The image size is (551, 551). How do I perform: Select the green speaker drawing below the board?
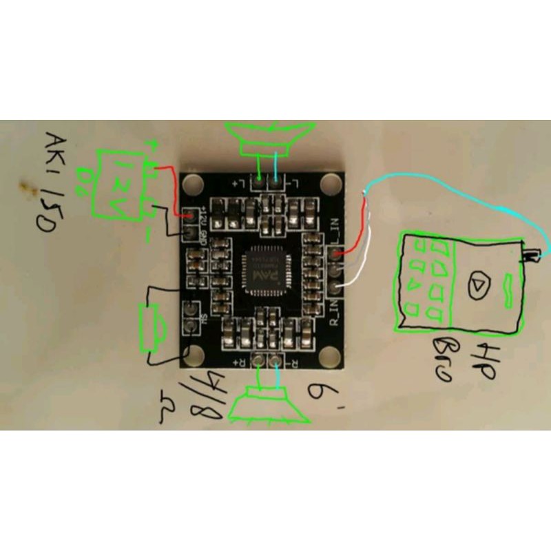coord(269,404)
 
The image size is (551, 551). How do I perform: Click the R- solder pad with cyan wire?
coord(276,359)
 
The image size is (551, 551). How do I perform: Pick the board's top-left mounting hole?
coord(194,183)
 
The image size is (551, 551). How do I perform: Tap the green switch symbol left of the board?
coord(152,329)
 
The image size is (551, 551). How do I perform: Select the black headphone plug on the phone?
coord(531,256)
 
